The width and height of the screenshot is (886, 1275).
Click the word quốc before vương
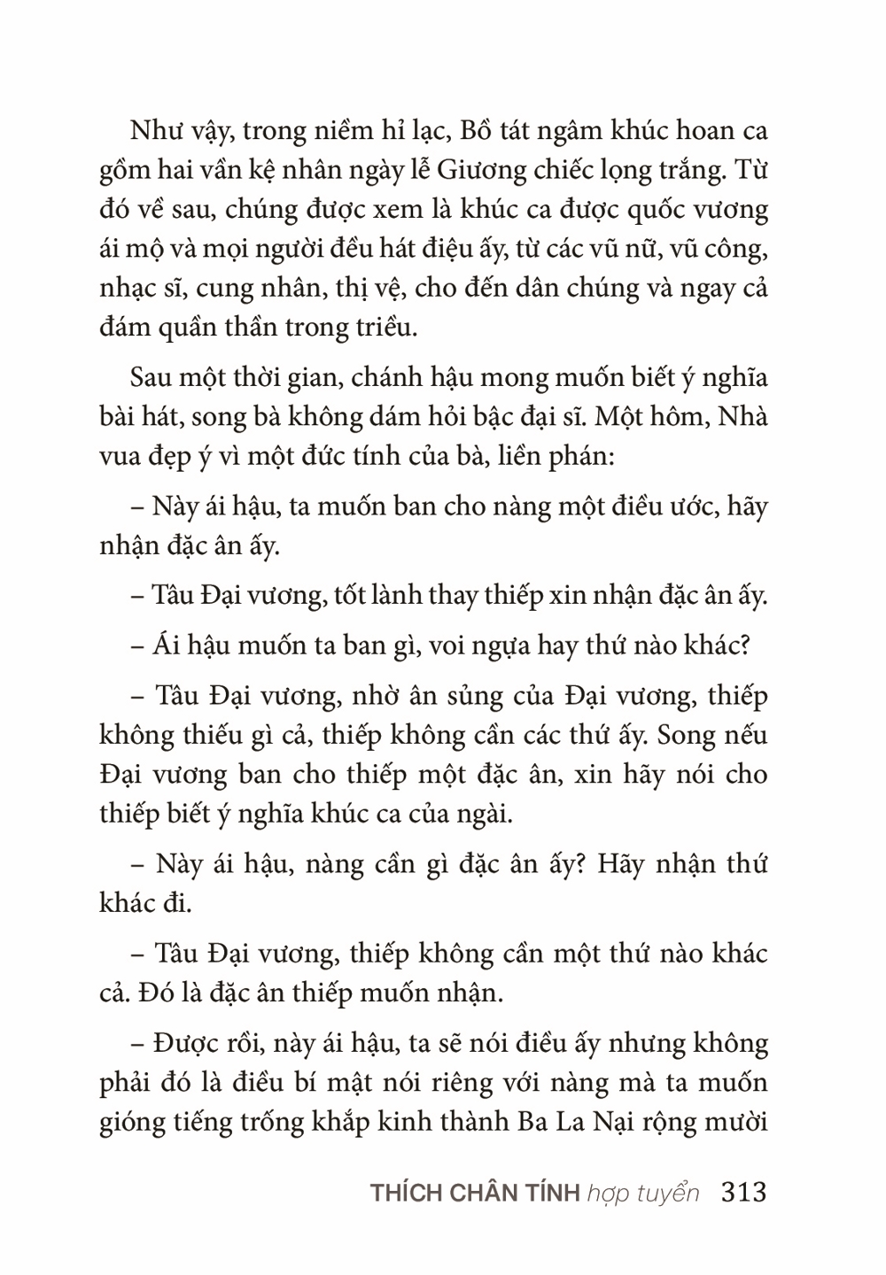pyautogui.click(x=656, y=210)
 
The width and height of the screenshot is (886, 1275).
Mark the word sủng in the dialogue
pyautogui.click(x=454, y=697)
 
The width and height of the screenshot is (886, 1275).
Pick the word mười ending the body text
pyautogui.click(x=734, y=1123)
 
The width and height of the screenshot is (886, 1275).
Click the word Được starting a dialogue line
pyautogui.click(x=182, y=1044)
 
